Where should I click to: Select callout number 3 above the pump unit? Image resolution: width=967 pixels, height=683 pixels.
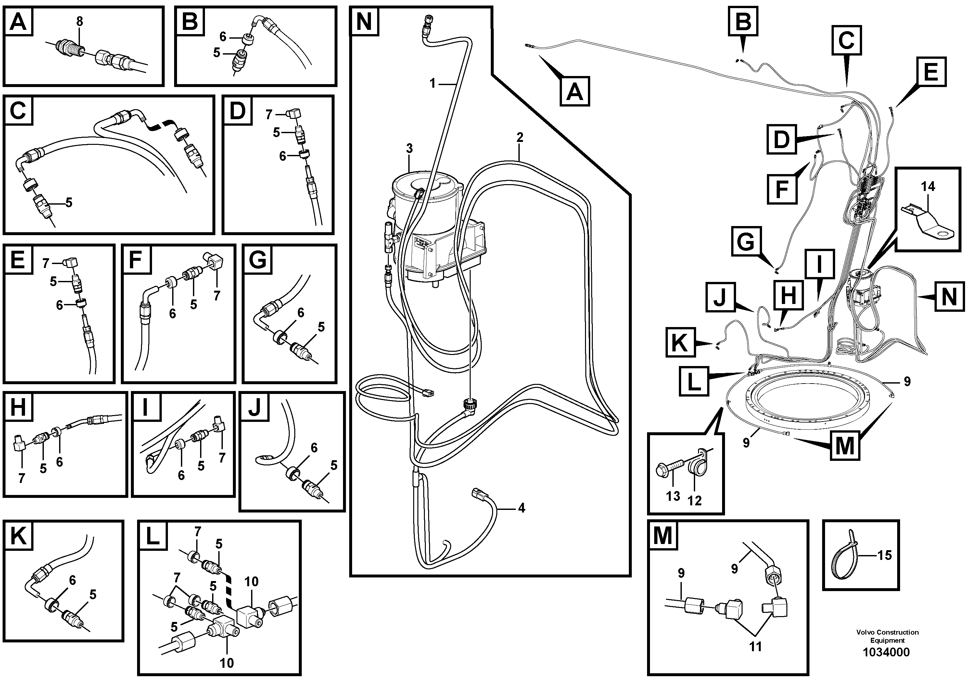pos(409,149)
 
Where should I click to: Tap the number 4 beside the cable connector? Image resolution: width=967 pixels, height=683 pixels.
pos(521,508)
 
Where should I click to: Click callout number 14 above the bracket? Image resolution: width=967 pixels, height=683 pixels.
pos(928,186)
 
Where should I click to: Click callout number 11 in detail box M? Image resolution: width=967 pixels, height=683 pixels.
pos(755,646)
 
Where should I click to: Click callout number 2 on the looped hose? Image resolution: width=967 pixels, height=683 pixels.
pos(520,137)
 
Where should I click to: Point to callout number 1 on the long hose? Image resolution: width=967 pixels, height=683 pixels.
pos(432,83)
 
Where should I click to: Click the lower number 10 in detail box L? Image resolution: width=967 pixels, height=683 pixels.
pos(227,663)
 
